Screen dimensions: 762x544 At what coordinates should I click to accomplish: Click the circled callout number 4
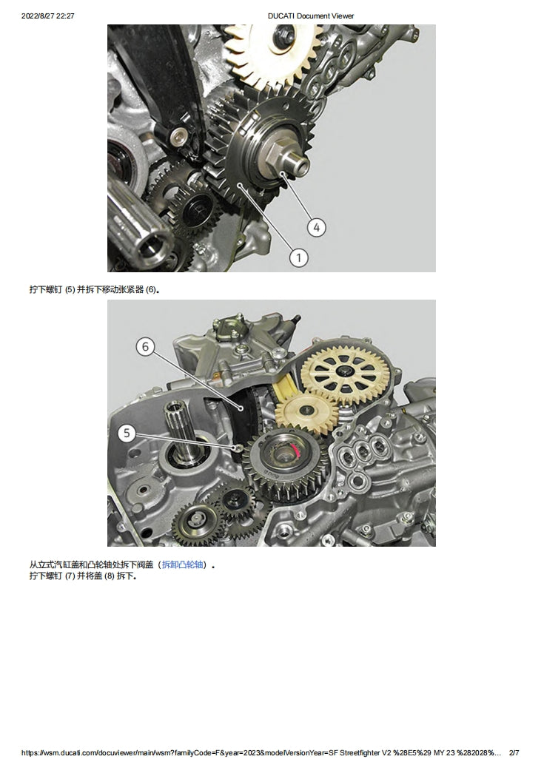tap(316, 227)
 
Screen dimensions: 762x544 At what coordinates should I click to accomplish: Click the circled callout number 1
tap(298, 257)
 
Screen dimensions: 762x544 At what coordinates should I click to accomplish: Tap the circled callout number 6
tap(146, 346)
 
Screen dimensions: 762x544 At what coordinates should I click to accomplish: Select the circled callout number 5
tap(127, 434)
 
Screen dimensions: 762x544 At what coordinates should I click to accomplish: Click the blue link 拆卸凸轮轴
tap(183, 564)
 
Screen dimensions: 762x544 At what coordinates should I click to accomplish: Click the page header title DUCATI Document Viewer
tap(310, 16)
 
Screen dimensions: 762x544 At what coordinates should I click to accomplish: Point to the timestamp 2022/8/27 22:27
tap(48, 16)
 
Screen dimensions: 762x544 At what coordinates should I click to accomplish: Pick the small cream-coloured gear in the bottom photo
tap(307, 412)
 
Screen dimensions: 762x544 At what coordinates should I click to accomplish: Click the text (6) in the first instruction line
tap(151, 289)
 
